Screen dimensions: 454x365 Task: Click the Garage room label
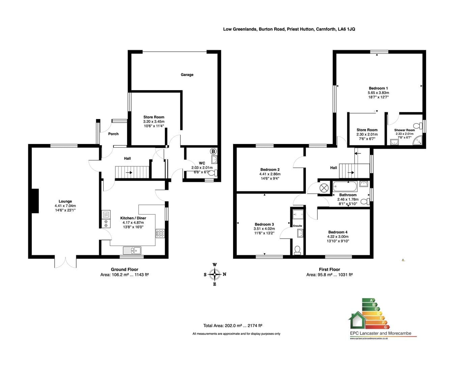coord(187,75)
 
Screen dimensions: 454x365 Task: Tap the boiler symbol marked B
coord(213,151)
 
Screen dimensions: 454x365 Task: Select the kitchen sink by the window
coord(132,250)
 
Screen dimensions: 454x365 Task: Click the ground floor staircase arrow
coord(129,172)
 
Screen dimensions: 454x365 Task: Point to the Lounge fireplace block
coord(35,201)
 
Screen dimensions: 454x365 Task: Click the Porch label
coord(113,134)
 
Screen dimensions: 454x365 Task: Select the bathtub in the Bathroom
coord(345,187)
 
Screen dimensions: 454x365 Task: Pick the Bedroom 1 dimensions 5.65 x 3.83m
coord(378,93)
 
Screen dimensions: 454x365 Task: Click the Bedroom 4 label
coord(338,232)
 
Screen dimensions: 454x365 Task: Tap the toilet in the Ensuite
coord(297,250)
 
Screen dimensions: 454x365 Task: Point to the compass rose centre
coord(215,274)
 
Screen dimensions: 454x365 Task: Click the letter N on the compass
coord(224,274)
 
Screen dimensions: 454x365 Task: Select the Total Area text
coord(232,326)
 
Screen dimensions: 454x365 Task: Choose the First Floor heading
coord(329,269)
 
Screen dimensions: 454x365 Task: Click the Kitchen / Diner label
coord(133,218)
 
